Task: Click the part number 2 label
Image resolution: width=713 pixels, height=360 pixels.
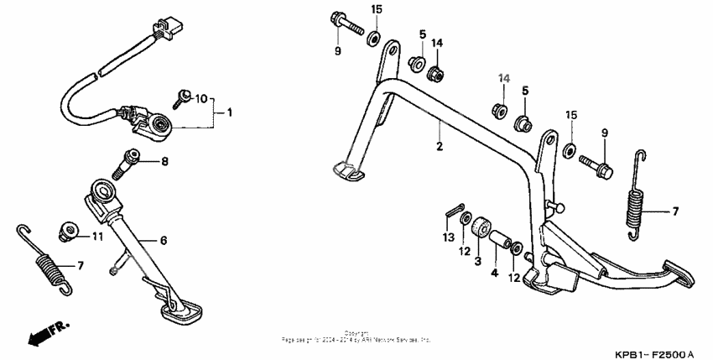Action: [x=438, y=146]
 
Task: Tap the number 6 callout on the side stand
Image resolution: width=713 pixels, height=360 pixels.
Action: [x=164, y=241]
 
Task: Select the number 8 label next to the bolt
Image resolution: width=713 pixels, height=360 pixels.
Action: [x=165, y=161]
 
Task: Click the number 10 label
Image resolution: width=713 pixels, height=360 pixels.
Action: [x=200, y=99]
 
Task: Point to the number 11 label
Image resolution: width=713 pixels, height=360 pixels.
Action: [x=97, y=236]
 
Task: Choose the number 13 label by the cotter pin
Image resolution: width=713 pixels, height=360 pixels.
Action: [x=447, y=238]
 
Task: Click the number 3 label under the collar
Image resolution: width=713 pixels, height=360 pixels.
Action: [x=478, y=261]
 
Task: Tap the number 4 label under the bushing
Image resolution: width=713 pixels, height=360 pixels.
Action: [x=494, y=273]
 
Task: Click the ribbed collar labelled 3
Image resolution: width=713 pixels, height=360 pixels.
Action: [x=481, y=228]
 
